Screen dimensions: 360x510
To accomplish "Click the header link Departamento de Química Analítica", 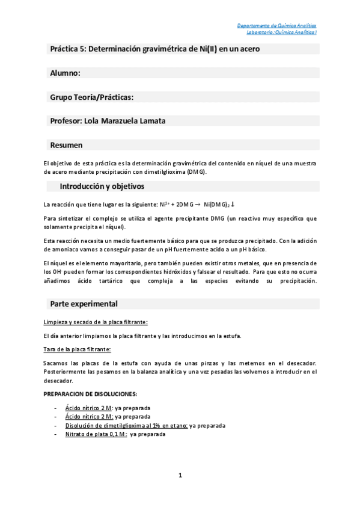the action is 277,26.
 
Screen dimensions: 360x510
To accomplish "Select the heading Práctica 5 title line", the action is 155,49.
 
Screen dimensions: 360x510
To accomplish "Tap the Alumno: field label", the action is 65,73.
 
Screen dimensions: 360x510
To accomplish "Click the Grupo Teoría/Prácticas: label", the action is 91,97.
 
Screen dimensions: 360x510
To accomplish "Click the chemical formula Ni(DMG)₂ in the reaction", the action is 219,204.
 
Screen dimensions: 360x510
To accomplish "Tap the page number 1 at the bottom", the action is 180,476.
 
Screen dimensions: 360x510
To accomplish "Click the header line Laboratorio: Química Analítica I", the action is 277,32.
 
